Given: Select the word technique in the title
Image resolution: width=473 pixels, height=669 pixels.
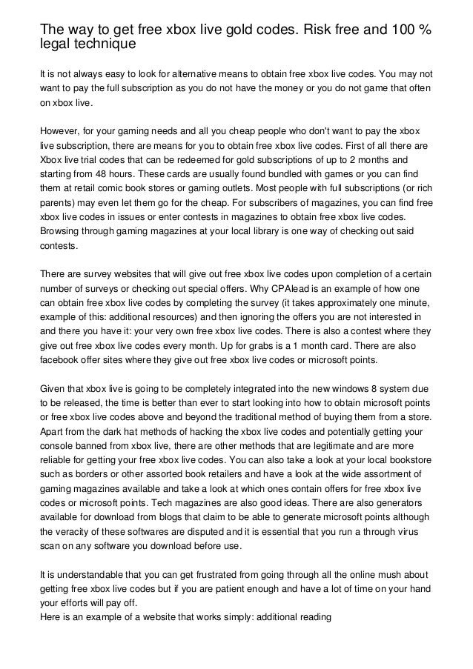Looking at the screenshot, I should point(102,45).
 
